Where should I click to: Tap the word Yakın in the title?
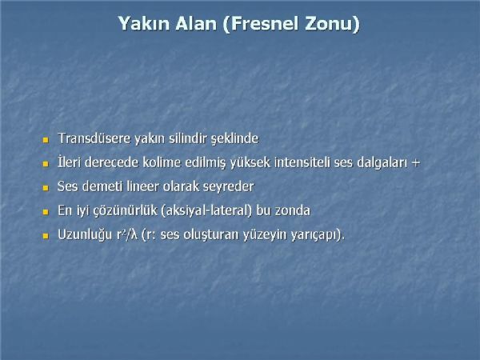click(x=144, y=23)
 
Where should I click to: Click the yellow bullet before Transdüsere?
click(x=46, y=140)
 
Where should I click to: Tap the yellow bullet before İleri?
click(x=46, y=164)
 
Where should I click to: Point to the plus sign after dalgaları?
click(x=415, y=163)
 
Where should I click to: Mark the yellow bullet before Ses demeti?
click(x=46, y=188)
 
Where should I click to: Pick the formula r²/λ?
click(x=127, y=234)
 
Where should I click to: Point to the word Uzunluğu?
click(x=85, y=235)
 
